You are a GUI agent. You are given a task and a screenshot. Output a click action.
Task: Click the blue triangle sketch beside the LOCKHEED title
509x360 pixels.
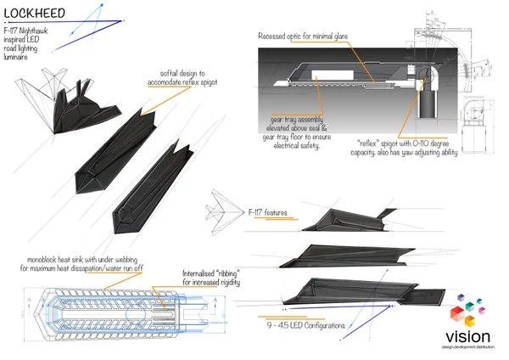tap(101, 17)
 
